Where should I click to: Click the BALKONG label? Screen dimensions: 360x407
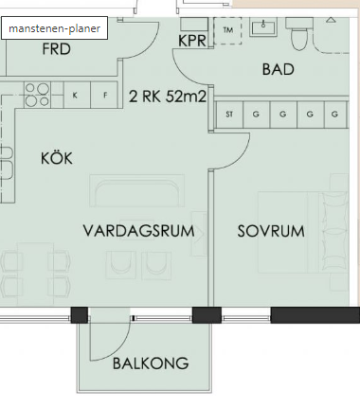(151, 363)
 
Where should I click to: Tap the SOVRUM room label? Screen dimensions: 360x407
(271, 231)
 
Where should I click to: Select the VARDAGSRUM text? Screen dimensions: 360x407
(138, 231)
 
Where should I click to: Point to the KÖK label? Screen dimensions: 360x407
(57, 157)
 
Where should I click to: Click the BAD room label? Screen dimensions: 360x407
(279, 69)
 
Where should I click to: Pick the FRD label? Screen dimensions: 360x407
(57, 49)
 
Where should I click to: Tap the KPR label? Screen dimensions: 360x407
(192, 41)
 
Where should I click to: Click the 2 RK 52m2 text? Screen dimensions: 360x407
(168, 96)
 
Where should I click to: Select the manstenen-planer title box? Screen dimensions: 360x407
(54, 28)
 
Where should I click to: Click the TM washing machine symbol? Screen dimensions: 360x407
(227, 30)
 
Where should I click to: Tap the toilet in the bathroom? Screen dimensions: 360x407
(299, 34)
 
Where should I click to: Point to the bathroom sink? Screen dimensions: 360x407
(263, 27)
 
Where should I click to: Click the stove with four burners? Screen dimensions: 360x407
(37, 95)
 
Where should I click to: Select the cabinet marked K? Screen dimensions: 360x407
(78, 95)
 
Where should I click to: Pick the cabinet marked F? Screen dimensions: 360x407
(104, 95)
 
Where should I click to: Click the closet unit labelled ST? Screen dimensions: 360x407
(229, 115)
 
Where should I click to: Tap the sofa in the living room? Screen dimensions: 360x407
(136, 190)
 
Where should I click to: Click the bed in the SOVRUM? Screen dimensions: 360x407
(303, 232)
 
